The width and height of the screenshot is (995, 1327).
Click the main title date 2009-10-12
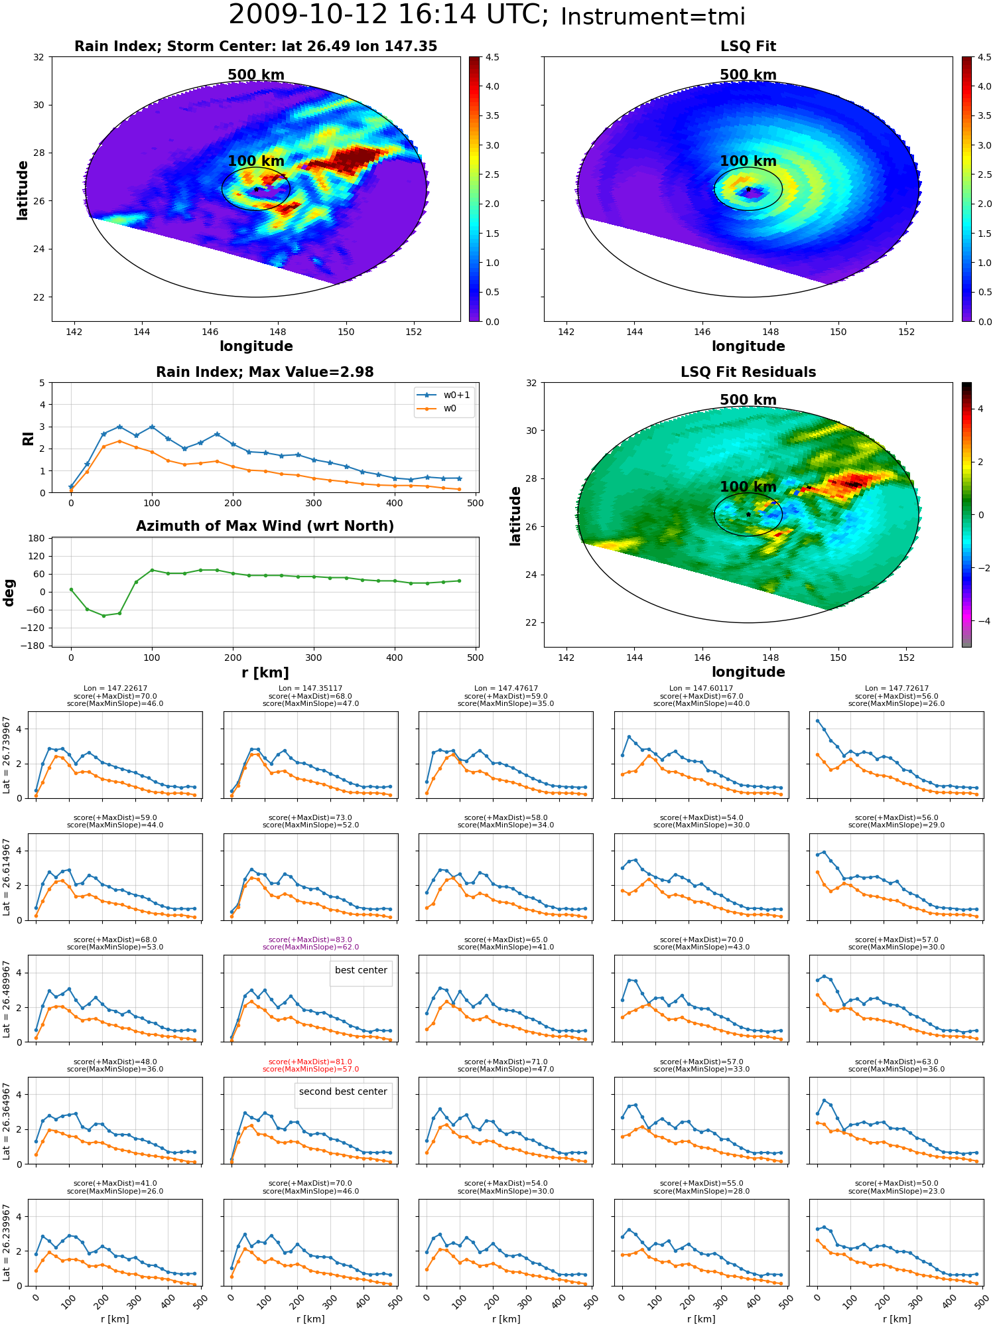[x=308, y=15]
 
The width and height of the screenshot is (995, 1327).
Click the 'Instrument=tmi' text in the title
[x=653, y=17]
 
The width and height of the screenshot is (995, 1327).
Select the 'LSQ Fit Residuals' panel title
[x=748, y=372]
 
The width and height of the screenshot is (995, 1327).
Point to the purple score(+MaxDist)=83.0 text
[x=310, y=940]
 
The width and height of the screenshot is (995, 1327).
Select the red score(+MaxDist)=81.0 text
[x=310, y=1062]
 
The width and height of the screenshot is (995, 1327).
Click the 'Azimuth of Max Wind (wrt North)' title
[x=265, y=526]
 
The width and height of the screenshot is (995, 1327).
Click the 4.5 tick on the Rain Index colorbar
[x=492, y=57]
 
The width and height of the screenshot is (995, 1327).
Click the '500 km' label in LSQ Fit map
[x=748, y=75]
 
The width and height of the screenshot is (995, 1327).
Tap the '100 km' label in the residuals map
[x=748, y=487]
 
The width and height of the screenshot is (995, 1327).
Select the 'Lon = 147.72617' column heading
[x=896, y=689]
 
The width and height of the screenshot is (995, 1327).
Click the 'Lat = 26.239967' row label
[x=7, y=1243]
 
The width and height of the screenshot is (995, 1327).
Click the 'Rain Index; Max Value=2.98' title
[x=265, y=372]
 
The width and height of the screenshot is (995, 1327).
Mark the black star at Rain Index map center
[x=256, y=189]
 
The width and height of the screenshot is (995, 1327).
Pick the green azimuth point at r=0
[x=71, y=590]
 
